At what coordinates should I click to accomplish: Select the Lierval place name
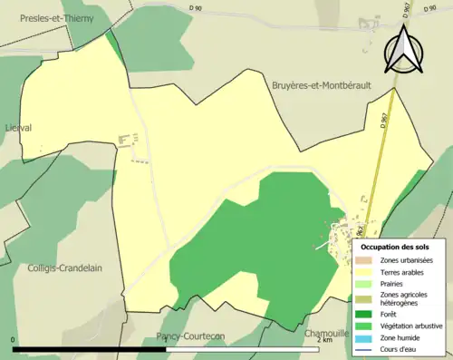click(x=18, y=128)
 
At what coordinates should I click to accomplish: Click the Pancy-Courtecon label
click(x=190, y=336)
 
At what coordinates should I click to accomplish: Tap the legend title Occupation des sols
click(x=395, y=247)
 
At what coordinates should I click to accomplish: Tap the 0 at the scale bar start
click(x=14, y=341)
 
